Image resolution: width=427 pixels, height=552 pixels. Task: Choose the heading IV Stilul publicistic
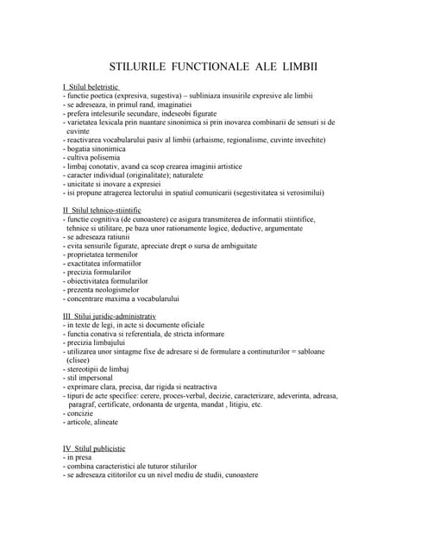pos(93,448)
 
